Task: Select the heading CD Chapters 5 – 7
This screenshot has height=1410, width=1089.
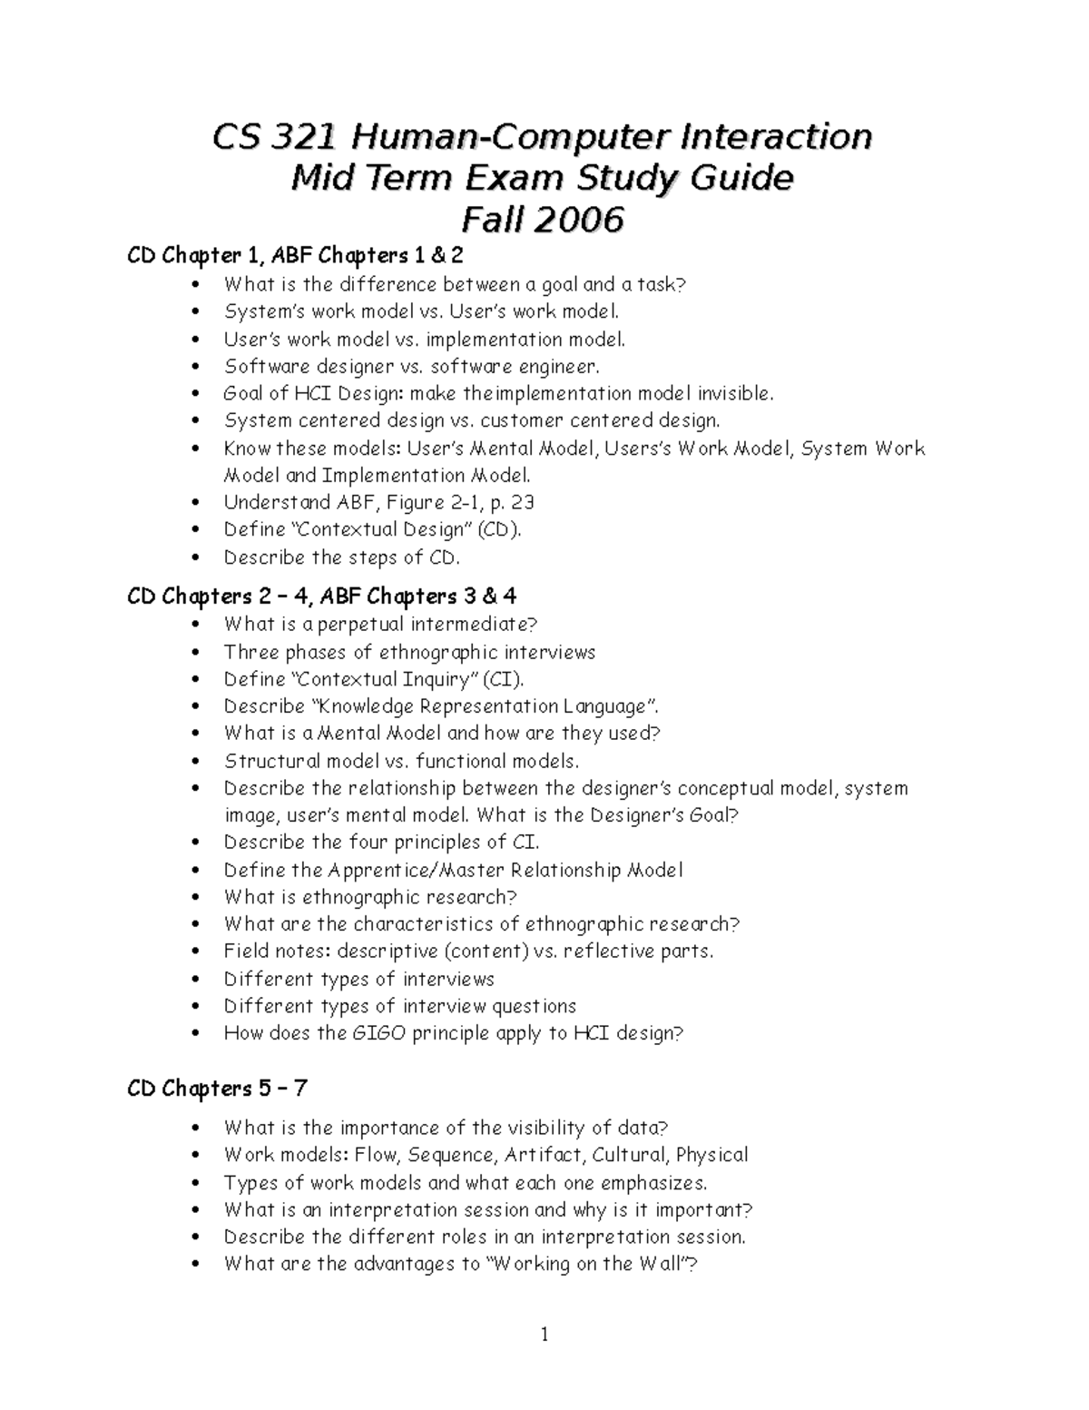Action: [x=218, y=1088]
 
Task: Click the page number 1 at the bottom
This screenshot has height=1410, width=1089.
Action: [x=544, y=1334]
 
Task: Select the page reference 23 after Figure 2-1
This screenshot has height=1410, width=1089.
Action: [x=522, y=502]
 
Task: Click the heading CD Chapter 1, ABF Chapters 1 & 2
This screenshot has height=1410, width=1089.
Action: [x=295, y=256]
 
